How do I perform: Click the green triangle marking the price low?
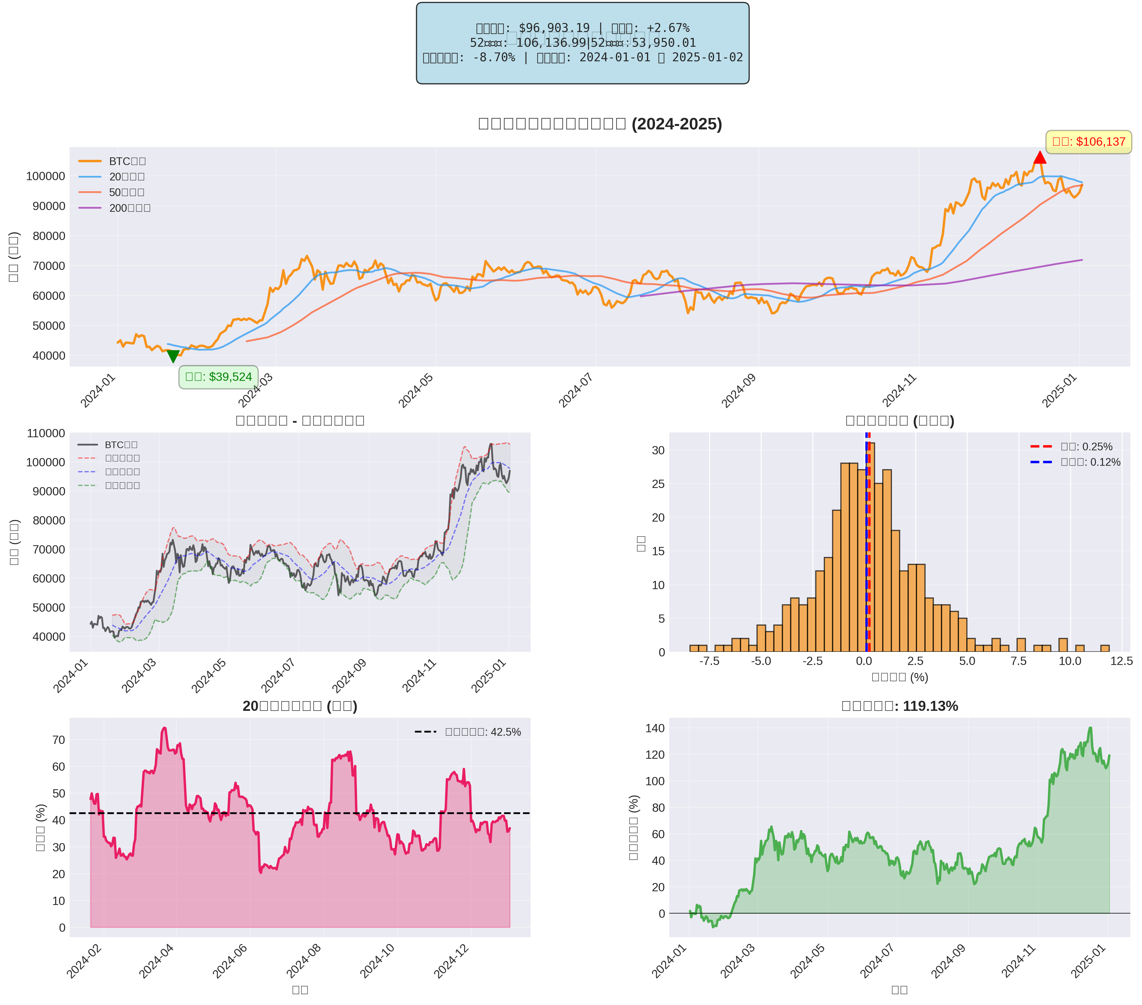173,356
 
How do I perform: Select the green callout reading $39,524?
218,377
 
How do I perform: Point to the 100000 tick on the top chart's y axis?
46,176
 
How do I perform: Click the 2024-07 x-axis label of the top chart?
575,391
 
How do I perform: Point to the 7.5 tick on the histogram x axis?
1019,661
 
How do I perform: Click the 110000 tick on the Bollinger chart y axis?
46,433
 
